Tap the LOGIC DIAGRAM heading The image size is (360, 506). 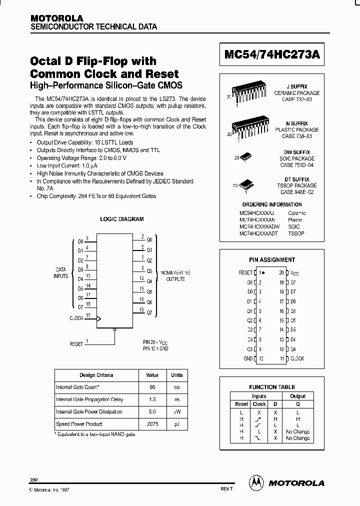click(x=122, y=219)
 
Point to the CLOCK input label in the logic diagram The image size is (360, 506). click(x=76, y=318)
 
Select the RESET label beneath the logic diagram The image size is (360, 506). click(x=77, y=344)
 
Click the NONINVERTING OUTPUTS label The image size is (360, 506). click(x=175, y=275)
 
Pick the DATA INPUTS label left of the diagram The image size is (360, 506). click(x=60, y=272)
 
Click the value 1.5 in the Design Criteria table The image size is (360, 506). click(x=152, y=399)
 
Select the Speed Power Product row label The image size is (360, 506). click(x=79, y=424)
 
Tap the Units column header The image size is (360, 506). click(x=177, y=375)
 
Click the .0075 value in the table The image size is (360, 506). click(x=152, y=424)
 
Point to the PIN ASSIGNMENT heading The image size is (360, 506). click(x=272, y=260)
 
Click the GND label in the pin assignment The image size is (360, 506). click(x=248, y=358)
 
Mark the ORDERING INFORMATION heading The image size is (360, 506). click(x=272, y=204)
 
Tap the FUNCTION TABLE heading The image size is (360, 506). click(x=272, y=387)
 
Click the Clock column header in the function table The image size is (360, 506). click(x=259, y=404)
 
